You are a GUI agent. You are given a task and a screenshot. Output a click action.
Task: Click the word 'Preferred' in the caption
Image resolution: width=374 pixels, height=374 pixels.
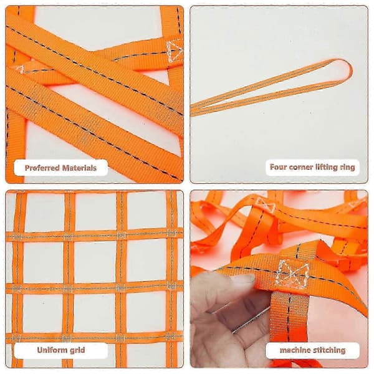click(x=42, y=168)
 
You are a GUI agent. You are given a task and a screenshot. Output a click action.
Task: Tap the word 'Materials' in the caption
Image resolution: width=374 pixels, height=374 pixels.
click(x=79, y=168)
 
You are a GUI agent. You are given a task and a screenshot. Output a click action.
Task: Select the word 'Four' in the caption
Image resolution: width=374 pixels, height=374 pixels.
click(x=278, y=166)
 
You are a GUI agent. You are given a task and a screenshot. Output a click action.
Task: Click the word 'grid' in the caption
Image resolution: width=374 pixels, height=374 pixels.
click(x=76, y=350)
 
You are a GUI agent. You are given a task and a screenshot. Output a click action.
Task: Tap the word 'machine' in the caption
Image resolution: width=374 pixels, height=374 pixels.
click(x=294, y=350)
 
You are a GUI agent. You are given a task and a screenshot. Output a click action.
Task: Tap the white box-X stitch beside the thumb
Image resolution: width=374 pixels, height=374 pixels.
click(x=293, y=274)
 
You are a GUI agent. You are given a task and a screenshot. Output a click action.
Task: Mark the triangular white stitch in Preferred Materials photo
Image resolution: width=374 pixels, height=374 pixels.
click(x=175, y=50)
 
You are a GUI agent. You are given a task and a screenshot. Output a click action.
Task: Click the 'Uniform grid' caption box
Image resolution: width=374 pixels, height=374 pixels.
click(x=61, y=350)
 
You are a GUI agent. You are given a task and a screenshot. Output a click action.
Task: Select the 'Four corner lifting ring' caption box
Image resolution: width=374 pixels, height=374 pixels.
click(x=312, y=167)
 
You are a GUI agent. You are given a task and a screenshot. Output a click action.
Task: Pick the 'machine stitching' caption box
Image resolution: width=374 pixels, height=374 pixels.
click(x=312, y=350)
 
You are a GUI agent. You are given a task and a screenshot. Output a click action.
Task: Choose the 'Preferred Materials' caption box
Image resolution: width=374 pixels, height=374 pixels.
click(x=61, y=168)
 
